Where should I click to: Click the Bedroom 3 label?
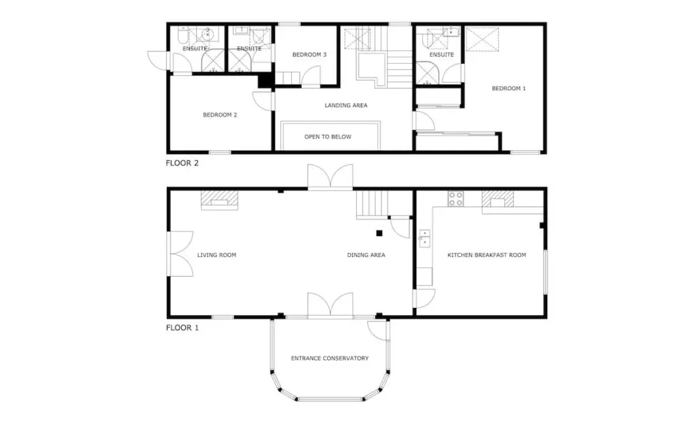tap(309, 55)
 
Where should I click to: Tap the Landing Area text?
tap(345, 105)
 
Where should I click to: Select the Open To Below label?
tap(328, 137)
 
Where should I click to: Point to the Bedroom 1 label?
tap(509, 89)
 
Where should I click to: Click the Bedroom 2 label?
tap(220, 115)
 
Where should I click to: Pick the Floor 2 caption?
tap(182, 163)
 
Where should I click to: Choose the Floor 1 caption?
tap(182, 328)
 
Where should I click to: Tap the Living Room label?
tap(217, 255)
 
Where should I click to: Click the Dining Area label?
tap(366, 255)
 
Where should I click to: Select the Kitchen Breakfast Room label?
tap(487, 255)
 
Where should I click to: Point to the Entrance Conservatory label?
tap(330, 358)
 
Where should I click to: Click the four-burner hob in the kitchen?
tap(455, 199)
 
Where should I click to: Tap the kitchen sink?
tap(424, 238)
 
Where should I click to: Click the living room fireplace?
tap(219, 200)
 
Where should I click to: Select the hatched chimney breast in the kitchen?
tap(497, 199)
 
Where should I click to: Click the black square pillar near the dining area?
tap(379, 233)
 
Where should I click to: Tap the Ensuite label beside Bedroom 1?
tap(441, 55)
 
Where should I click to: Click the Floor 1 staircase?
tap(373, 205)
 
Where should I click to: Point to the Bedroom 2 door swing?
tap(262, 100)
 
